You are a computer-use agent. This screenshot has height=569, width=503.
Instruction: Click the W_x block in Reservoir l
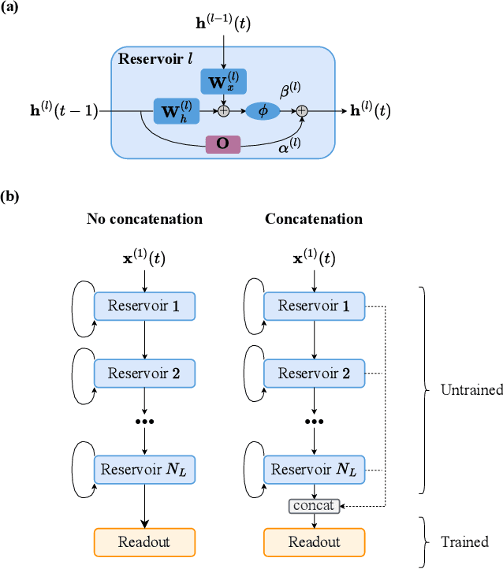(x=224, y=82)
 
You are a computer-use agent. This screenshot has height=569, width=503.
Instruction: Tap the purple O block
(x=223, y=145)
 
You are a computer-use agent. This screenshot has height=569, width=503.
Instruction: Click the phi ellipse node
(x=263, y=111)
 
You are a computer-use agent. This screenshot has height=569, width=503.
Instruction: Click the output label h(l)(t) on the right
(x=370, y=111)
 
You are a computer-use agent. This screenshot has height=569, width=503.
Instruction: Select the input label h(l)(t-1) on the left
(x=54, y=111)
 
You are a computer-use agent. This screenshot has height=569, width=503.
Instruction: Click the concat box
(x=315, y=505)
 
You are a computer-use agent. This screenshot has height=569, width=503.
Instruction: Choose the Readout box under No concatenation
(x=145, y=542)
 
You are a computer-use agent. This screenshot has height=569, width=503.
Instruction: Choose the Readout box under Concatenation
(x=315, y=542)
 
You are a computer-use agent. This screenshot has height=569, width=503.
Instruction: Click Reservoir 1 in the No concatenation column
(x=145, y=306)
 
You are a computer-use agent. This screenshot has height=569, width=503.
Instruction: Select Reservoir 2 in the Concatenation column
(x=315, y=373)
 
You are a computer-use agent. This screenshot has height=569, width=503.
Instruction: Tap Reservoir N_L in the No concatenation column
(x=145, y=470)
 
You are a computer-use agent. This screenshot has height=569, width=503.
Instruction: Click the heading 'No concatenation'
(x=144, y=218)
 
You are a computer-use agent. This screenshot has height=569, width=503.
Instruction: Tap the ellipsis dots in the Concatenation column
(x=315, y=422)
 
